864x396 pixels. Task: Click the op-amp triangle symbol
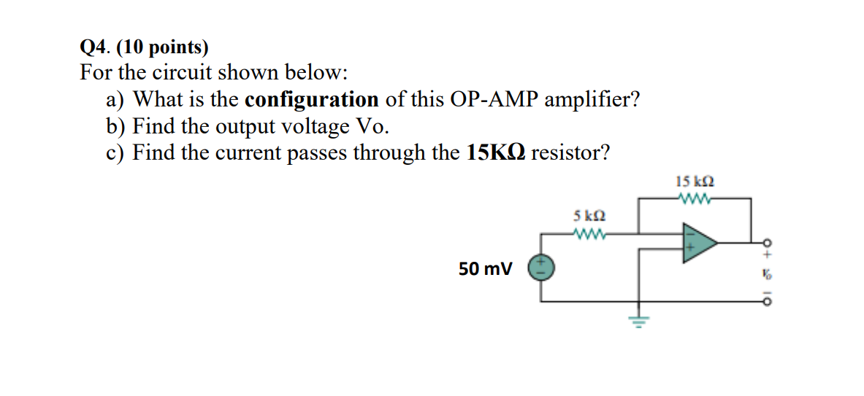697,242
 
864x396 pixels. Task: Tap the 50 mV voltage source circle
541,268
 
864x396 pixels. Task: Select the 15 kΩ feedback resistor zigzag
694,198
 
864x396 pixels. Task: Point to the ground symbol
640,319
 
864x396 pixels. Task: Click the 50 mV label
485,269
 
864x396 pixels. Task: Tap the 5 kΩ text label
589,217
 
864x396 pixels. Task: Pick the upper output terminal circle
767,242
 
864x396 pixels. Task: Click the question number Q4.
94,48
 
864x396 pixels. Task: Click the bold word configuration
312,99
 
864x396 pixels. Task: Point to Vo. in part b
372,126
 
